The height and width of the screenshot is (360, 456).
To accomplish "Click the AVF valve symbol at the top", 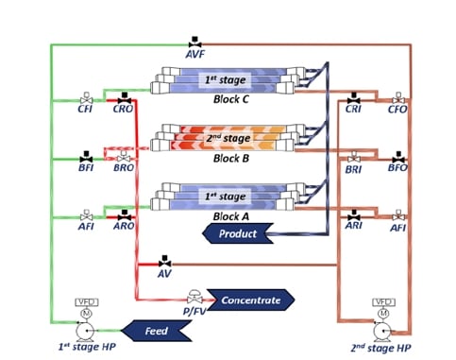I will coord(195,42).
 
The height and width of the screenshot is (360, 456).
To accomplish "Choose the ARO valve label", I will coord(123,227).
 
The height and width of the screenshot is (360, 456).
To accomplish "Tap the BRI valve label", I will coord(354,167).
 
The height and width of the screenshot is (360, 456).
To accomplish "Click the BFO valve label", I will coord(397,167).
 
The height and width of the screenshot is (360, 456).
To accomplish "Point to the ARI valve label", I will coord(354,227).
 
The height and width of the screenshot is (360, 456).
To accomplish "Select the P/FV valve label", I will coord(194,306).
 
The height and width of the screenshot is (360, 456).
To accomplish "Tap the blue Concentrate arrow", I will coord(249,300).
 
